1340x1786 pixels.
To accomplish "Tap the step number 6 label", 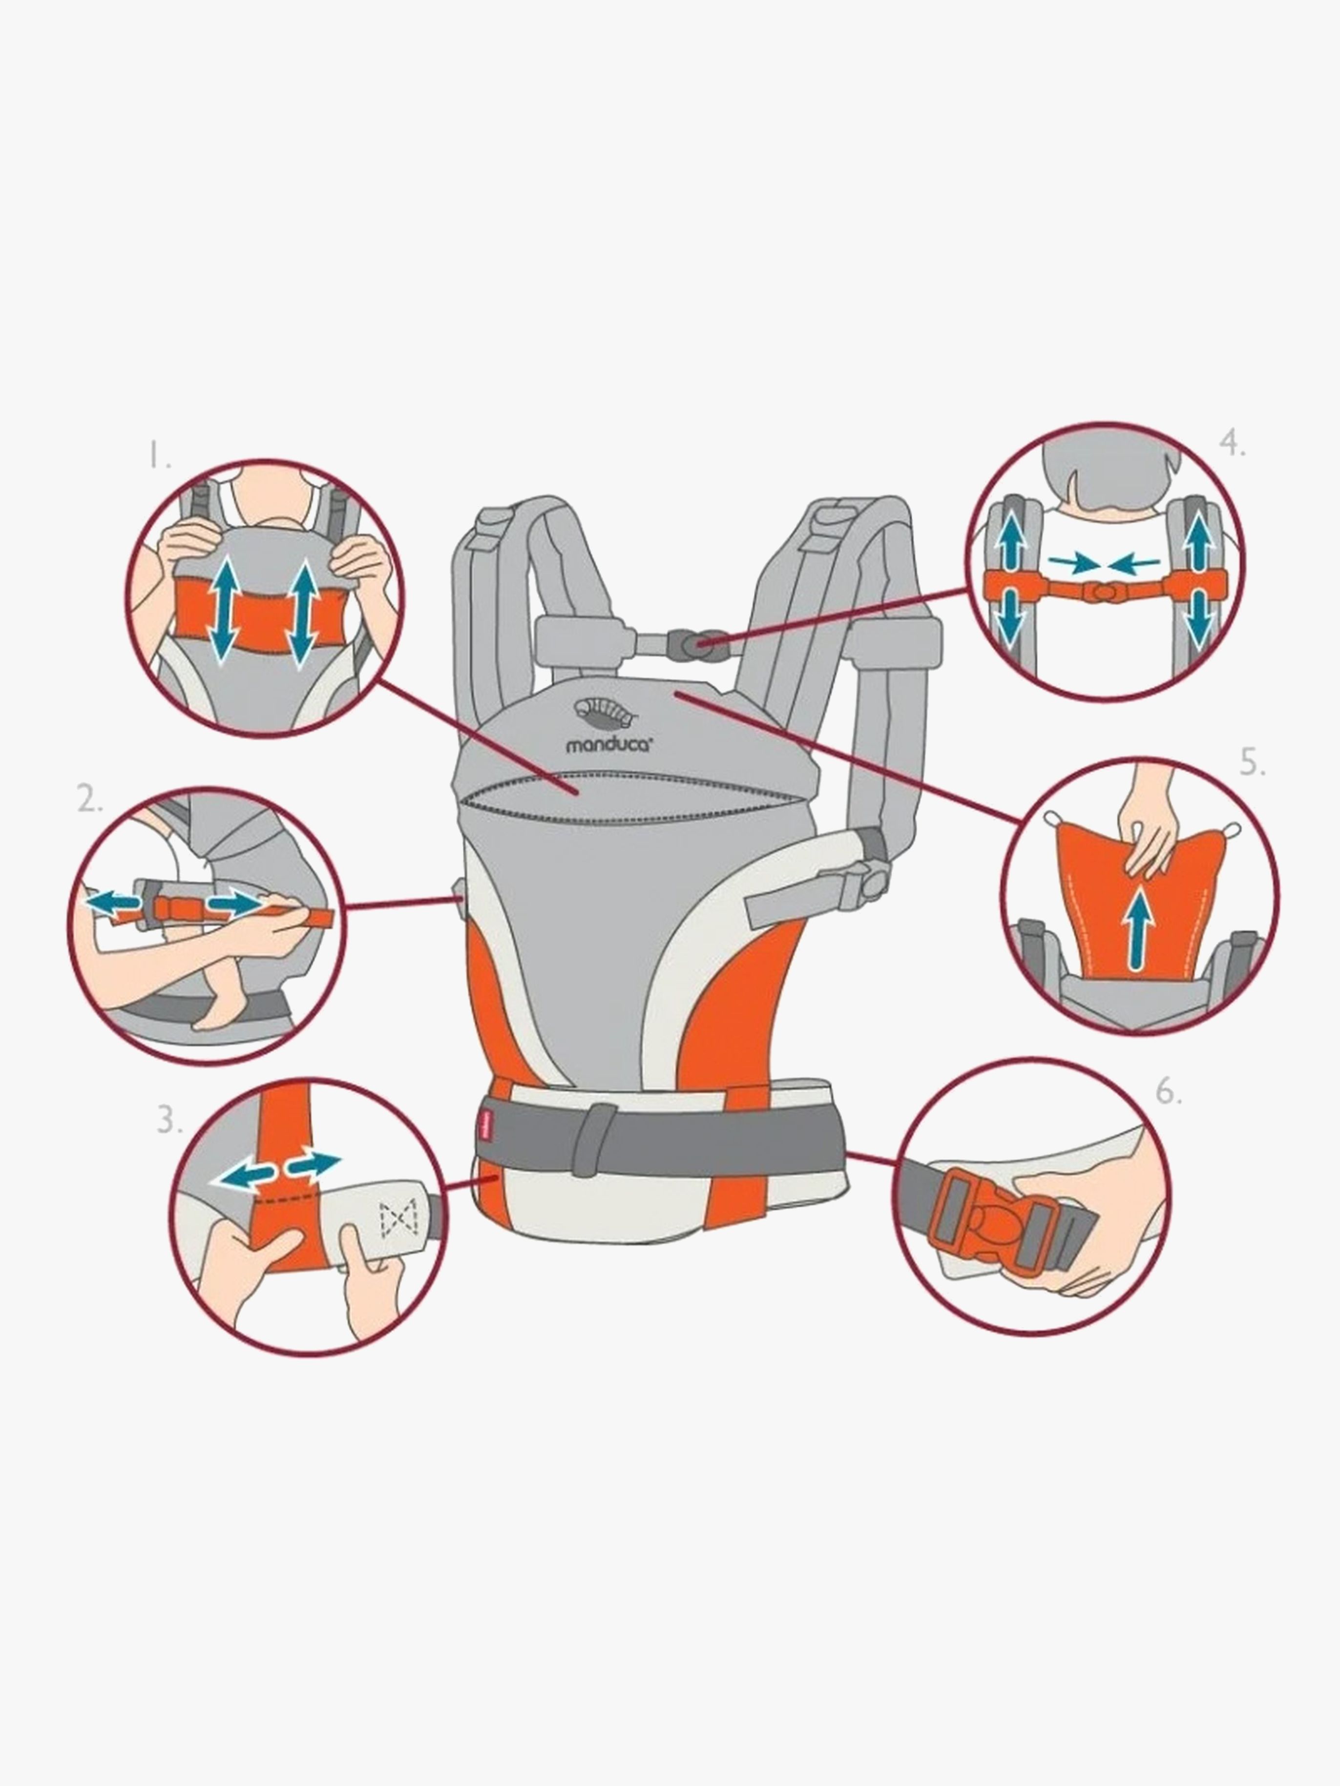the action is coord(1169,1092).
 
